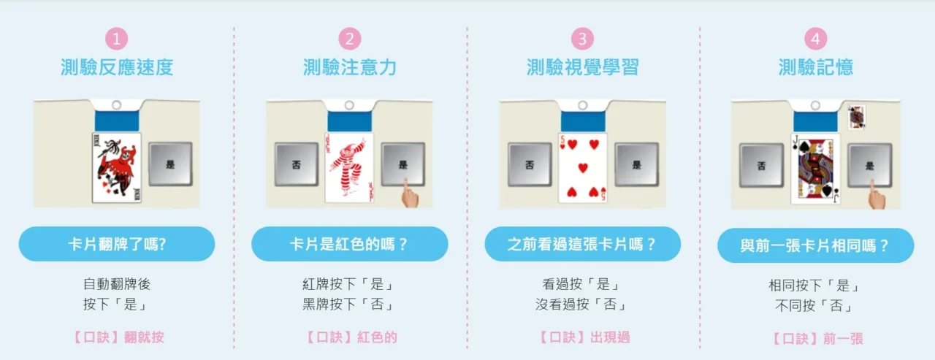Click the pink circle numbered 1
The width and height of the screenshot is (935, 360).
pyautogui.click(x=116, y=39)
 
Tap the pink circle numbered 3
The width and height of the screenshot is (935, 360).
pyautogui.click(x=582, y=39)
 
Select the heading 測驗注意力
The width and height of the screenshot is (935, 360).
pyautogui.click(x=350, y=68)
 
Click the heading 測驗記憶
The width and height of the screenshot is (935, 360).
pyautogui.click(x=815, y=68)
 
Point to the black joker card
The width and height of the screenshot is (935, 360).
pyautogui.click(x=117, y=167)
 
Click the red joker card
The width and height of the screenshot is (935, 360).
pyautogui.click(x=349, y=167)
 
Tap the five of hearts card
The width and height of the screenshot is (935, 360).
pyautogui.click(x=582, y=167)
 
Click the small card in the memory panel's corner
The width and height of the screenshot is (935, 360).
pyautogui.click(x=856, y=118)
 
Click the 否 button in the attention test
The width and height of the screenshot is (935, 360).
pyautogui.click(x=297, y=164)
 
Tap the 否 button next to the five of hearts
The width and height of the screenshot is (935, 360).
pyautogui.click(x=530, y=164)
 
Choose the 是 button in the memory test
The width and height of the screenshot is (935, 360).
pyautogui.click(x=869, y=166)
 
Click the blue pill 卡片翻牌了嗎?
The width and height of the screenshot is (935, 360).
pyautogui.click(x=117, y=244)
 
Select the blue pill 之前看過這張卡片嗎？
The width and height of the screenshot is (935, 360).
pyautogui.click(x=582, y=244)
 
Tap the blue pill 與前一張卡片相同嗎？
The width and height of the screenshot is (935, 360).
pyautogui.click(x=815, y=245)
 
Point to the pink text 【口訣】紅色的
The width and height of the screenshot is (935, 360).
pyautogui.click(x=350, y=337)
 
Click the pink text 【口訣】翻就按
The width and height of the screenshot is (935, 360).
pyautogui.click(x=117, y=337)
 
